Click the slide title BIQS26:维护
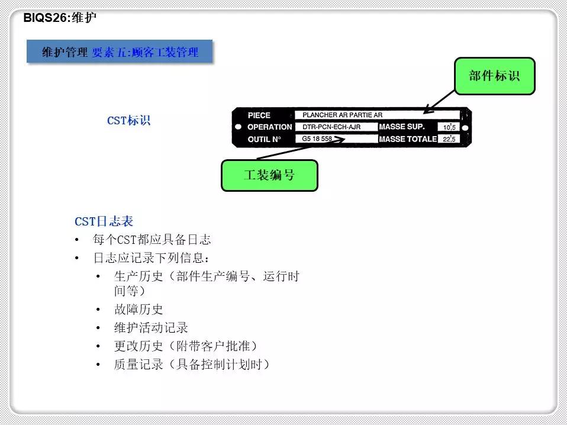pyautogui.click(x=60, y=17)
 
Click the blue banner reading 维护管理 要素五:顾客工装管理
pyautogui.click(x=120, y=51)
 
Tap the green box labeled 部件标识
pyautogui.click(x=494, y=76)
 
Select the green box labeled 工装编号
pyautogui.click(x=269, y=175)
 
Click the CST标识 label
pyautogui.click(x=129, y=120)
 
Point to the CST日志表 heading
pyautogui.click(x=104, y=221)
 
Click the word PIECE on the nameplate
pyautogui.click(x=259, y=115)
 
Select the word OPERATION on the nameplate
pyautogui.click(x=270, y=127)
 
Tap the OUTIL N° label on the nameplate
pyautogui.click(x=265, y=139)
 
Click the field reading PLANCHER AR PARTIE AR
pyautogui.click(x=343, y=115)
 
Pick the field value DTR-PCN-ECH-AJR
pyautogui.click(x=331, y=127)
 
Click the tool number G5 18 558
pyautogui.click(x=317, y=139)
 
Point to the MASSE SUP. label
pyautogui.click(x=402, y=127)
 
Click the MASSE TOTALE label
pyautogui.click(x=408, y=139)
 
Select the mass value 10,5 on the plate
pyautogui.click(x=449, y=127)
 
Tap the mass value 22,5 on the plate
pyautogui.click(x=449, y=139)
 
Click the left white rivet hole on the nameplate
pyautogui.click(x=239, y=127)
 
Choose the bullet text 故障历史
pyautogui.click(x=138, y=309)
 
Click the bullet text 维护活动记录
pyautogui.click(x=151, y=328)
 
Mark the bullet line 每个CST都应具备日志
pyautogui.click(x=152, y=240)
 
